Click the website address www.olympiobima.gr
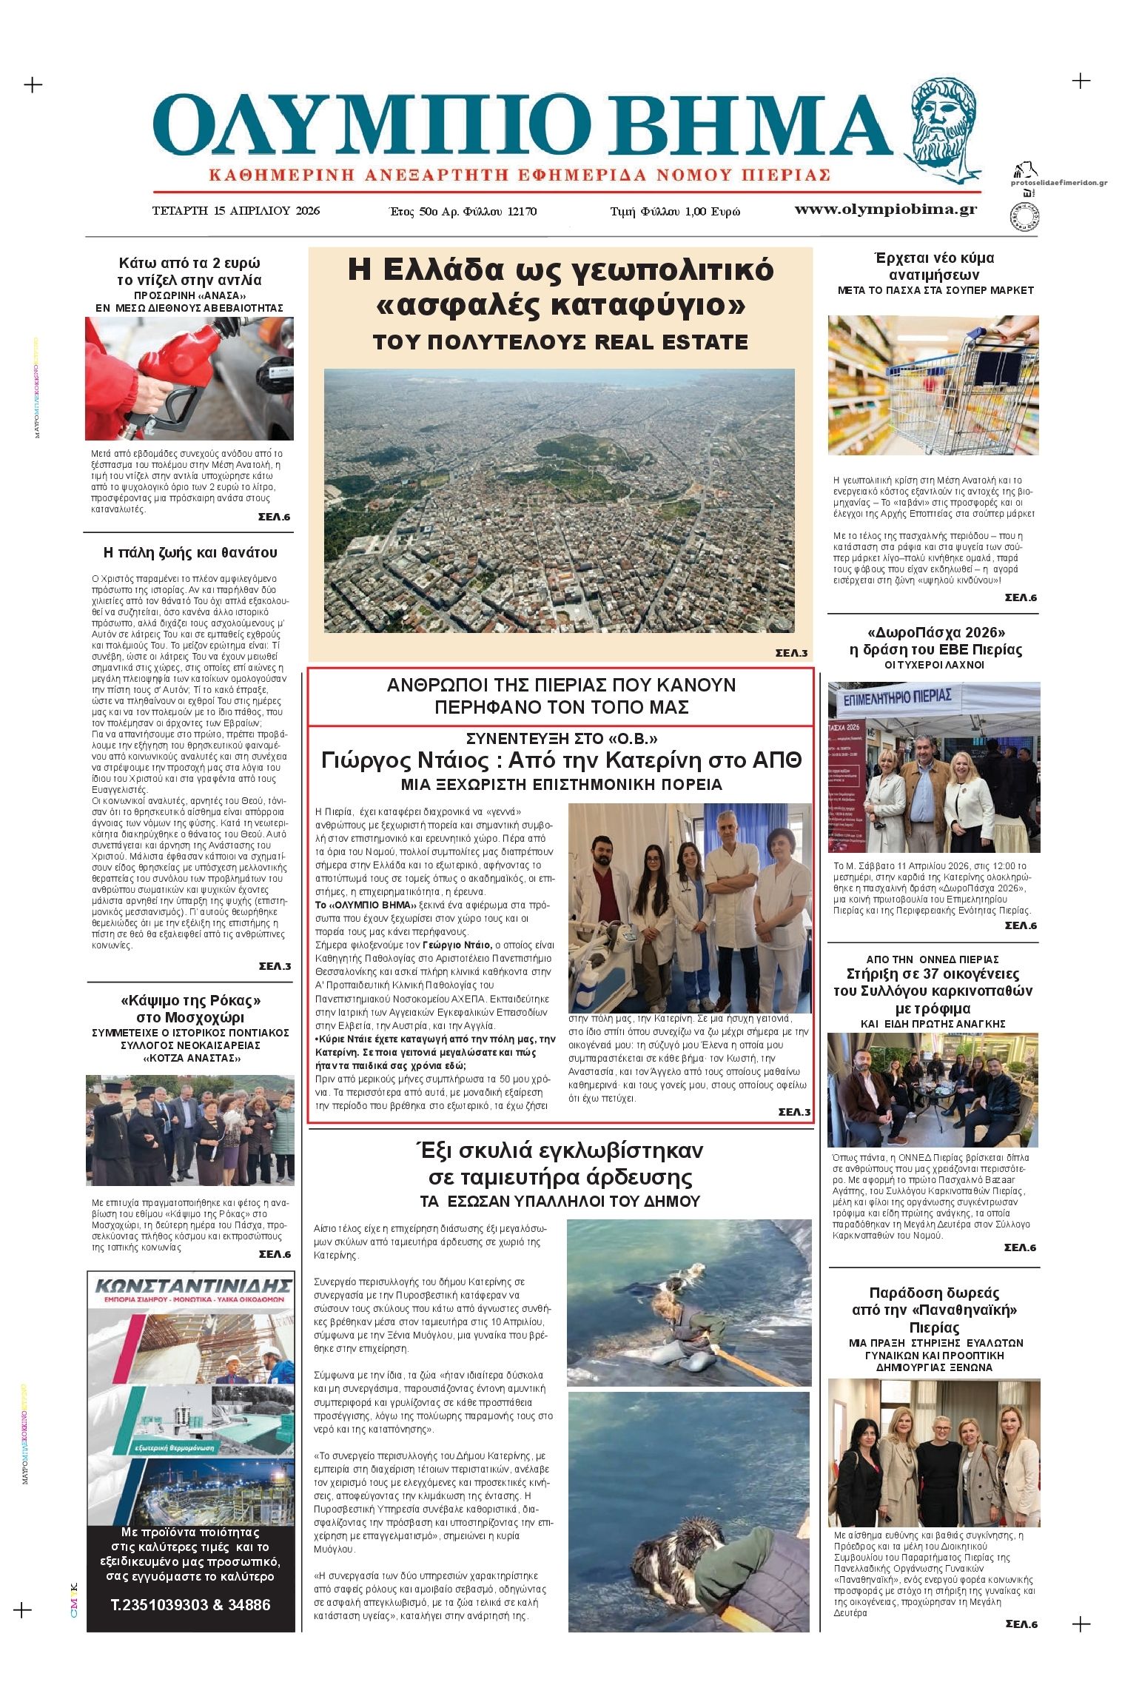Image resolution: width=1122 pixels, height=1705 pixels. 885,210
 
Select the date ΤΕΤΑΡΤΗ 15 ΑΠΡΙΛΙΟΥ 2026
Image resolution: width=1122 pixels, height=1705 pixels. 235,210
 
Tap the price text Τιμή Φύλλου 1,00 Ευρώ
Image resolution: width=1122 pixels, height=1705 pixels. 674,212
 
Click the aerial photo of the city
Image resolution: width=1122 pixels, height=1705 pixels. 559,500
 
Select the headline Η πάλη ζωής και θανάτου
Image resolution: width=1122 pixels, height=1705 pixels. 190,552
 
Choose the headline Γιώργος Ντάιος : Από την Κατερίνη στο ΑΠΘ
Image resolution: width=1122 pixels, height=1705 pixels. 561,760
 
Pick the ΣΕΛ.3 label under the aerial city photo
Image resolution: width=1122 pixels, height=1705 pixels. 790,653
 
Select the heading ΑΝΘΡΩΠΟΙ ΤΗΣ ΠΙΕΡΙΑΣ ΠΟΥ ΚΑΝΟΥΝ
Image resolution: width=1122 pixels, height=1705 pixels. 561,685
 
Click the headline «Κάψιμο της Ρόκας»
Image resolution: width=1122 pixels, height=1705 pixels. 190,1000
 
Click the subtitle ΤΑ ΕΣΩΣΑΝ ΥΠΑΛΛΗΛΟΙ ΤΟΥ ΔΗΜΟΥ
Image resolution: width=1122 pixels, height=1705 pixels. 560,1201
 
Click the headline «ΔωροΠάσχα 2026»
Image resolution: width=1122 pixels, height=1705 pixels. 935,632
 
